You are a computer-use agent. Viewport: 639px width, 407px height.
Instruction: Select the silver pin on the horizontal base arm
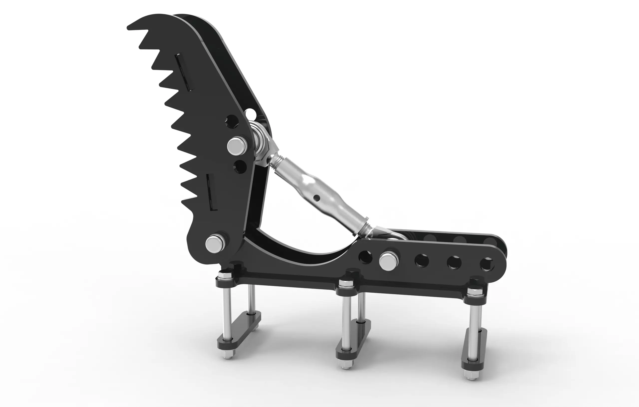[x=389, y=261]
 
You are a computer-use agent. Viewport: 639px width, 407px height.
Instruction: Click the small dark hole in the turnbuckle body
[x=316, y=198]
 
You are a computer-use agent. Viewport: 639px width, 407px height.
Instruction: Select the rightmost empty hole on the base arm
[x=487, y=264]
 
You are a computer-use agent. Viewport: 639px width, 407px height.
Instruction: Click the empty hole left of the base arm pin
[x=365, y=257]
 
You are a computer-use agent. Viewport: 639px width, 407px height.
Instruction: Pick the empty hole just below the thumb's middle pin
[x=240, y=167]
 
